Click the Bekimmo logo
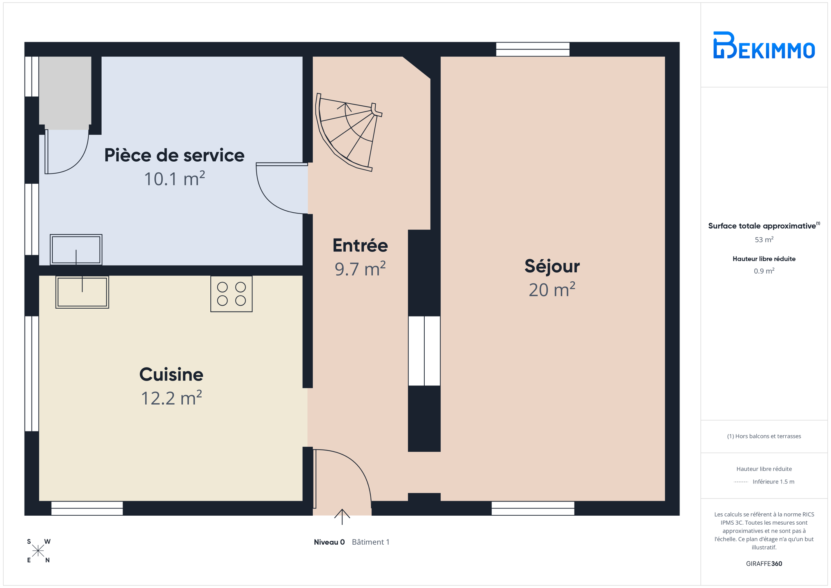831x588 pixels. (764, 45)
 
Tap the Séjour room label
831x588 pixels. (552, 266)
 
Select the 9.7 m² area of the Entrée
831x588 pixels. (360, 269)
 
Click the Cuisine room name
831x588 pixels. (171, 374)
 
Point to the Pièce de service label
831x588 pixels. (174, 155)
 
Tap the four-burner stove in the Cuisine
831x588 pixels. (232, 294)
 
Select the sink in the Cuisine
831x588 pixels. (82, 292)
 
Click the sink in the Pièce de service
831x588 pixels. (76, 249)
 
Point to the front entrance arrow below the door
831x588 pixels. (342, 517)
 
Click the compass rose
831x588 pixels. (38, 551)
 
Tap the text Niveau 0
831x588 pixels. (329, 542)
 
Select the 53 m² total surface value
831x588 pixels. (764, 240)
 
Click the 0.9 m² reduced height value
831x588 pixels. (764, 271)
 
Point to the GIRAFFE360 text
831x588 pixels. (764, 564)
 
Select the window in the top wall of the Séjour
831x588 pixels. (533, 49)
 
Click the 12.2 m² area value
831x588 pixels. (172, 399)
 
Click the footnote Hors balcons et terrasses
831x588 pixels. (764, 437)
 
